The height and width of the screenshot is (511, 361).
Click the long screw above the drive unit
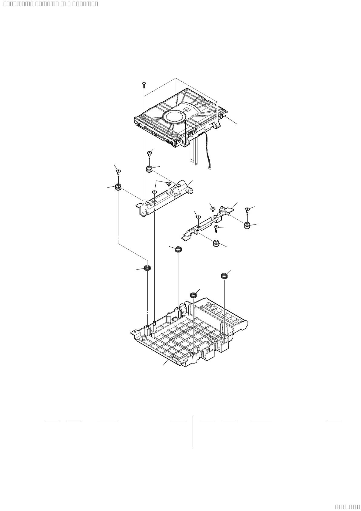[144, 85]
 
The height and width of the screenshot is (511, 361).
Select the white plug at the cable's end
[210, 168]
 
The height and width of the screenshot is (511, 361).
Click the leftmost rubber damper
[118, 187]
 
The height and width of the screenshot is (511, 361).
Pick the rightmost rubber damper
[248, 225]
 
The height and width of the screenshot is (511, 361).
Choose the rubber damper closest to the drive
[149, 169]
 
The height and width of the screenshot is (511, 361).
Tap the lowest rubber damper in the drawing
[216, 243]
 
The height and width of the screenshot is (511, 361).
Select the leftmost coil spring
[148, 268]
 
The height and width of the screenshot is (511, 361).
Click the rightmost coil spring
[224, 276]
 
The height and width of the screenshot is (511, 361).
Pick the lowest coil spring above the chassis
[193, 295]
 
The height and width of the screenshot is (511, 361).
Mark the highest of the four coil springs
[178, 249]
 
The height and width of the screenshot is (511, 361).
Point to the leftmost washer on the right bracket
[198, 217]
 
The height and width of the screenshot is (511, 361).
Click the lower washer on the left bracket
[154, 192]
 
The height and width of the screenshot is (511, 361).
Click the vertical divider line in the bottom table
[193, 431]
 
